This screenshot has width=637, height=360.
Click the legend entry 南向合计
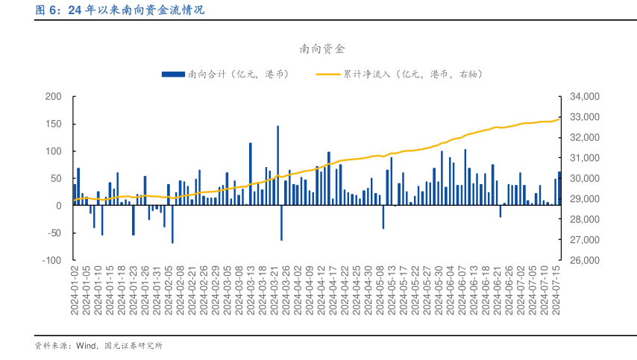[x=238, y=74]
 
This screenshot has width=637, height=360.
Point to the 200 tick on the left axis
[x=53, y=97]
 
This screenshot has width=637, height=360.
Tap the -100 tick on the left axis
[x=51, y=261]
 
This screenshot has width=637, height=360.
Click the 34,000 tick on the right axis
[x=584, y=97]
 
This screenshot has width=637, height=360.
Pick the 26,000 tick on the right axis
[x=584, y=261]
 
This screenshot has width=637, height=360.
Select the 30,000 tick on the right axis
[x=584, y=179]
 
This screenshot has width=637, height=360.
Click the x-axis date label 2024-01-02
[x=75, y=294]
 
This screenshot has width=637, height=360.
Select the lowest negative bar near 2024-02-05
[x=172, y=224]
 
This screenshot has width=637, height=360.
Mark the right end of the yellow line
[x=559, y=119]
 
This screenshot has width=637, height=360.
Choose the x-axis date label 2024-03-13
[x=251, y=294]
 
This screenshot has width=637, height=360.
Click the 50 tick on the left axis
[x=56, y=179]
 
